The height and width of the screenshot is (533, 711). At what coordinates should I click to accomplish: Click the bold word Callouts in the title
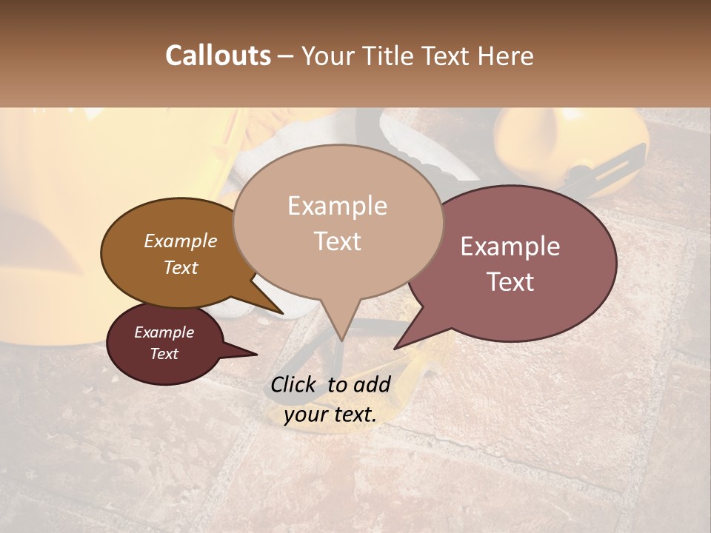tap(218, 56)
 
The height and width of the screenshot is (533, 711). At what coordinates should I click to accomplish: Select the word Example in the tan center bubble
tap(337, 206)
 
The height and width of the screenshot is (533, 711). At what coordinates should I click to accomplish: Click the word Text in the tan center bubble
tap(337, 241)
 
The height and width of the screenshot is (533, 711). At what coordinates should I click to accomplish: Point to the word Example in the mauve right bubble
tap(510, 247)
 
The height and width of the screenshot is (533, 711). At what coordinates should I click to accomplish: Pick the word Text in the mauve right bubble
tap(510, 282)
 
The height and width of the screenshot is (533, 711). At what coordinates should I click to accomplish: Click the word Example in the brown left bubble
tap(181, 241)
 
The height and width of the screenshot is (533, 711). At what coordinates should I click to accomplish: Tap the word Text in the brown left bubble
tap(181, 267)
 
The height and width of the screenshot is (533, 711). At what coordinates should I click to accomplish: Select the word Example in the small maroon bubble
tap(164, 332)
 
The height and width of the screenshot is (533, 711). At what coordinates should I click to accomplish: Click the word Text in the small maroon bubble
tap(164, 354)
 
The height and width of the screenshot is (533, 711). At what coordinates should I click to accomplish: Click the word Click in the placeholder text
tap(296, 384)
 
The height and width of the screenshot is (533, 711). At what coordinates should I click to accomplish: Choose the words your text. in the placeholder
tap(330, 415)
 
